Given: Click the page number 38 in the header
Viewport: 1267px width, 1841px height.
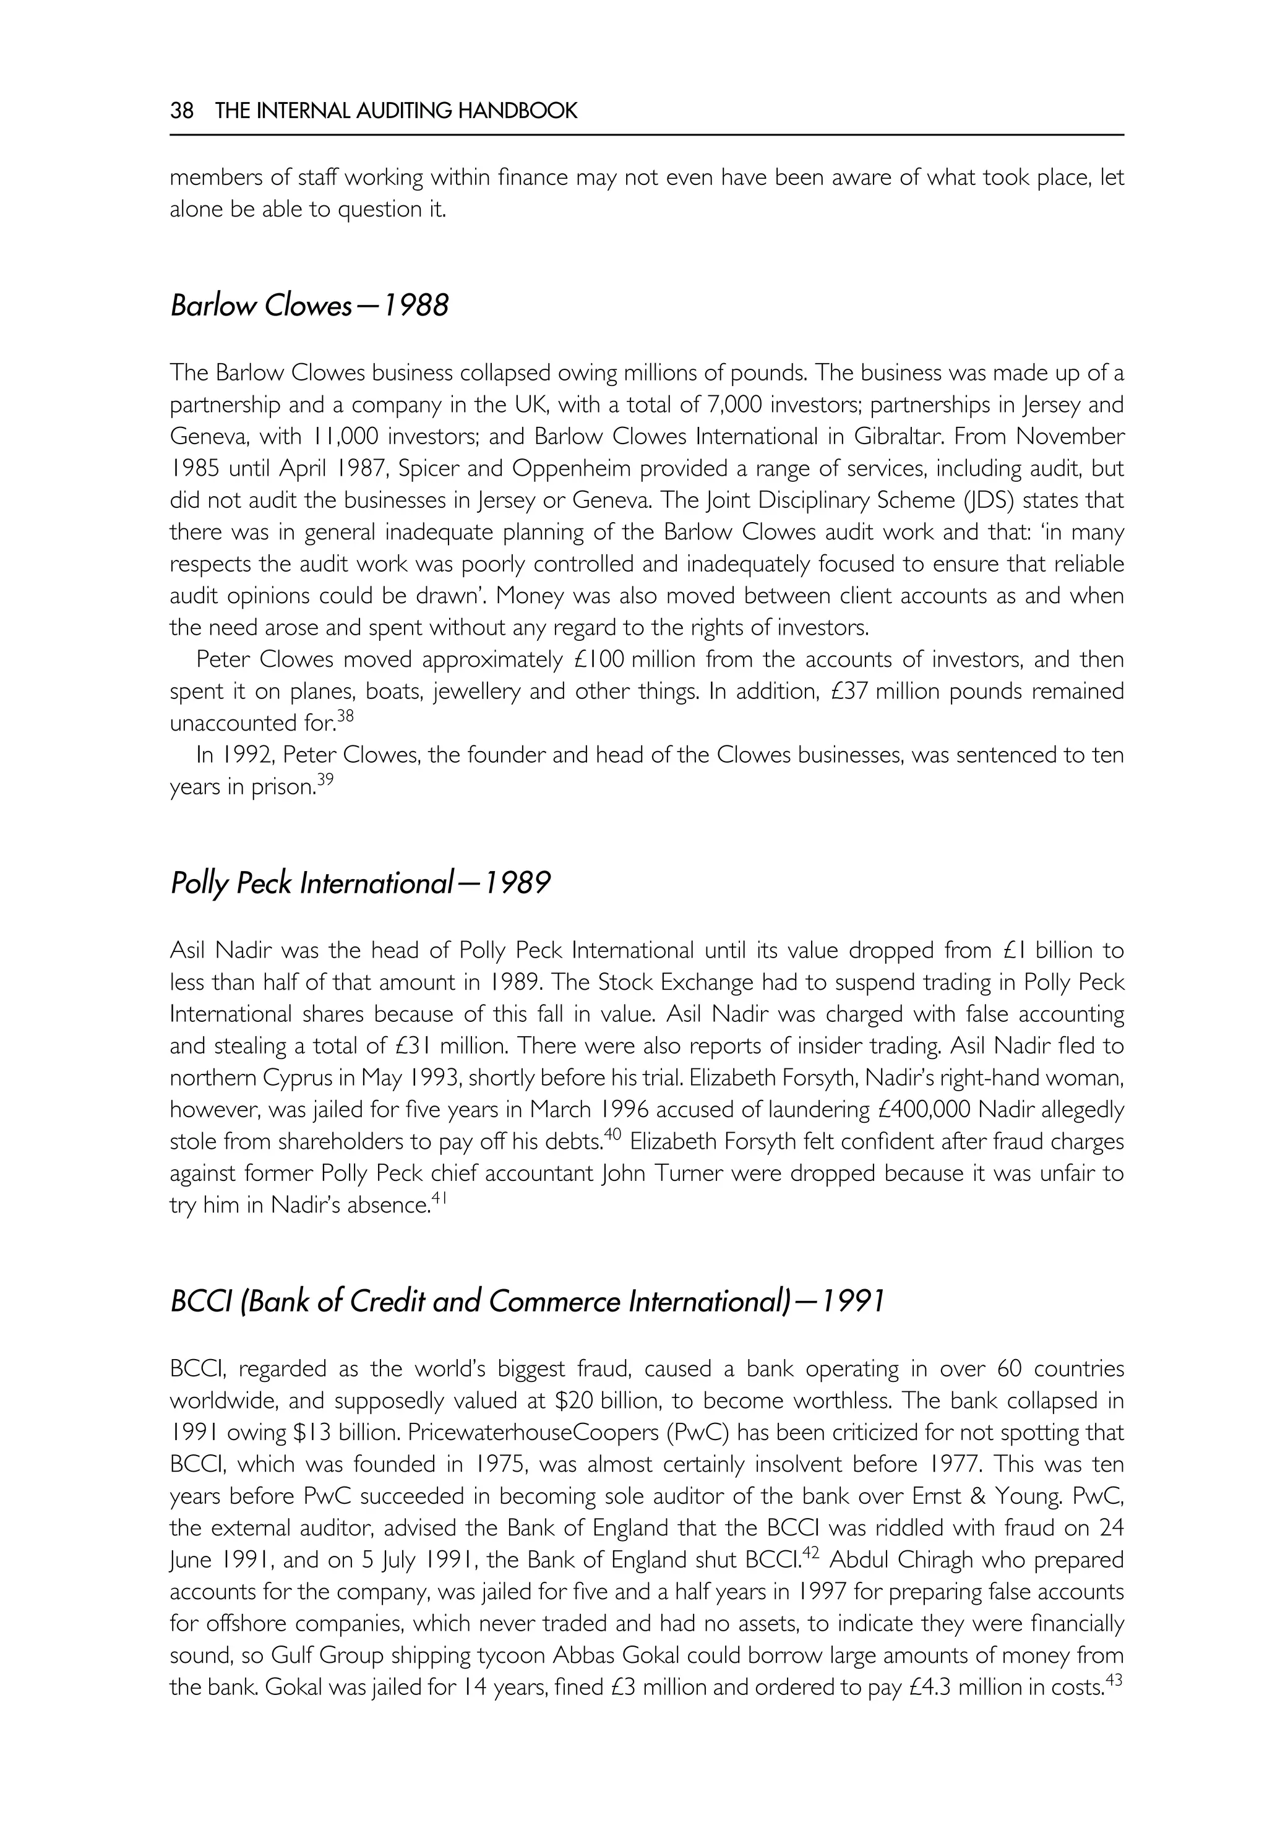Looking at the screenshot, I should point(182,110).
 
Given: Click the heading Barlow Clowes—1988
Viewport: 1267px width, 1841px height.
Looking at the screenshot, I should point(309,306).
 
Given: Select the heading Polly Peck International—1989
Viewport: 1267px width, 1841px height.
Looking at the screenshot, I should point(359,883).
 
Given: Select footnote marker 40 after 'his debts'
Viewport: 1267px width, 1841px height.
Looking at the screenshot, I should point(611,1134).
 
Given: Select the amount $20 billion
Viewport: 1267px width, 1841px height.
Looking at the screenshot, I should point(620,1401).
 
